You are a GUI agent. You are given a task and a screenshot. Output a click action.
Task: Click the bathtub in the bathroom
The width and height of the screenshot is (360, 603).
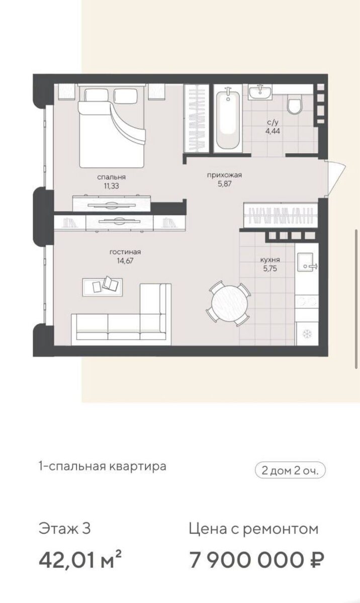[228, 119]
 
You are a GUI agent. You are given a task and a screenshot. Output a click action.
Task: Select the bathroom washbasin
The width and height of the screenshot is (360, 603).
[260, 92]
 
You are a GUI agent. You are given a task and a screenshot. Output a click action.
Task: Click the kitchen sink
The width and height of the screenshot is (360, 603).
[307, 262]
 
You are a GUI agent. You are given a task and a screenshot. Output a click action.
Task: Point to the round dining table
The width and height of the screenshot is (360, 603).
[229, 304]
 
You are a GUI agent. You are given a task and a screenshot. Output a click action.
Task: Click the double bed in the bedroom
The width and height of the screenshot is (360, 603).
[112, 126]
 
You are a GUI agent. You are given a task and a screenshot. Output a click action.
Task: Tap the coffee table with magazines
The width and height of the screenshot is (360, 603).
[103, 287]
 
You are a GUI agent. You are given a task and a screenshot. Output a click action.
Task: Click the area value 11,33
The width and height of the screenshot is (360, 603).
[112, 186]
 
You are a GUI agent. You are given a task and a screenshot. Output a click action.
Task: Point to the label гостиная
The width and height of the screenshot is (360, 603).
[125, 252]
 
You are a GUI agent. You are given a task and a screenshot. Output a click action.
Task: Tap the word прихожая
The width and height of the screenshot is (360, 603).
[225, 175]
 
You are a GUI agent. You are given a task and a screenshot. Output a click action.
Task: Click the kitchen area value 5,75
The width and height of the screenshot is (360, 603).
[270, 268]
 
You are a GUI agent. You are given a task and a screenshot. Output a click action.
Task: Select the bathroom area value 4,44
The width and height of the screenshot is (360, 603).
[273, 131]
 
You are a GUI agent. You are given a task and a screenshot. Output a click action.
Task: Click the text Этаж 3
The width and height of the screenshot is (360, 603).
[65, 529]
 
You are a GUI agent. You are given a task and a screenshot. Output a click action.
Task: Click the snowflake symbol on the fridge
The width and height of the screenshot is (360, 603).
[307, 334]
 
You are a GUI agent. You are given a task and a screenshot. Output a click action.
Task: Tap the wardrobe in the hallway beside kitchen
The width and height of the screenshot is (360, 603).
[281, 215]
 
